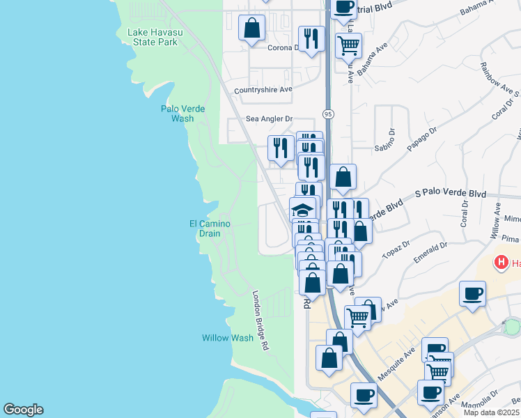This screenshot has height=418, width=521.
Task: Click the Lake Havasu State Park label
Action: pos(153,37)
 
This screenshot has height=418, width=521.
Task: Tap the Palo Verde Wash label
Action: pos(177,113)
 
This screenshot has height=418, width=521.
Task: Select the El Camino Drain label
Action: pos(210,228)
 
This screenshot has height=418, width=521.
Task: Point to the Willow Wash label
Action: pos(228,338)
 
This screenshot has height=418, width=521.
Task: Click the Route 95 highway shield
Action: pos(328,114)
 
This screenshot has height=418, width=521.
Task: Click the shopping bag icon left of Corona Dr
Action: pos(251,29)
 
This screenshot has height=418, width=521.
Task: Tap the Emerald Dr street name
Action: pos(429,249)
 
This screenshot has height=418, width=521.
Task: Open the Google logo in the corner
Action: pos(23,410)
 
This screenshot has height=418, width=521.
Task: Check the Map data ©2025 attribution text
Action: pos(492,412)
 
